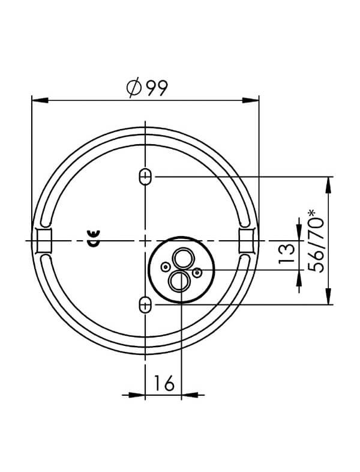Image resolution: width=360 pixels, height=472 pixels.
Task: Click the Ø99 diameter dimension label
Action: pyautogui.click(x=147, y=88)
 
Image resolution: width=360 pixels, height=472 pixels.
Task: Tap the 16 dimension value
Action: pyautogui.click(x=164, y=383)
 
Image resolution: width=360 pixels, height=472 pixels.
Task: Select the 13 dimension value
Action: pyautogui.click(x=286, y=254)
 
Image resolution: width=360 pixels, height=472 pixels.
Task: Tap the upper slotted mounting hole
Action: pyautogui.click(x=145, y=177)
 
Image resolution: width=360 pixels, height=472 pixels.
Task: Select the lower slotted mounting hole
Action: pyautogui.click(x=145, y=305)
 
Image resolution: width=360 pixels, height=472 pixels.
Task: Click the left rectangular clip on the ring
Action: pyautogui.click(x=44, y=241)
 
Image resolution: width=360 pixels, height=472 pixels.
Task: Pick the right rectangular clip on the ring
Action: pyautogui.click(x=247, y=241)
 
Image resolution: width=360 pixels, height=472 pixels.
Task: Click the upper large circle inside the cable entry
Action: pyautogui.click(x=182, y=258)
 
